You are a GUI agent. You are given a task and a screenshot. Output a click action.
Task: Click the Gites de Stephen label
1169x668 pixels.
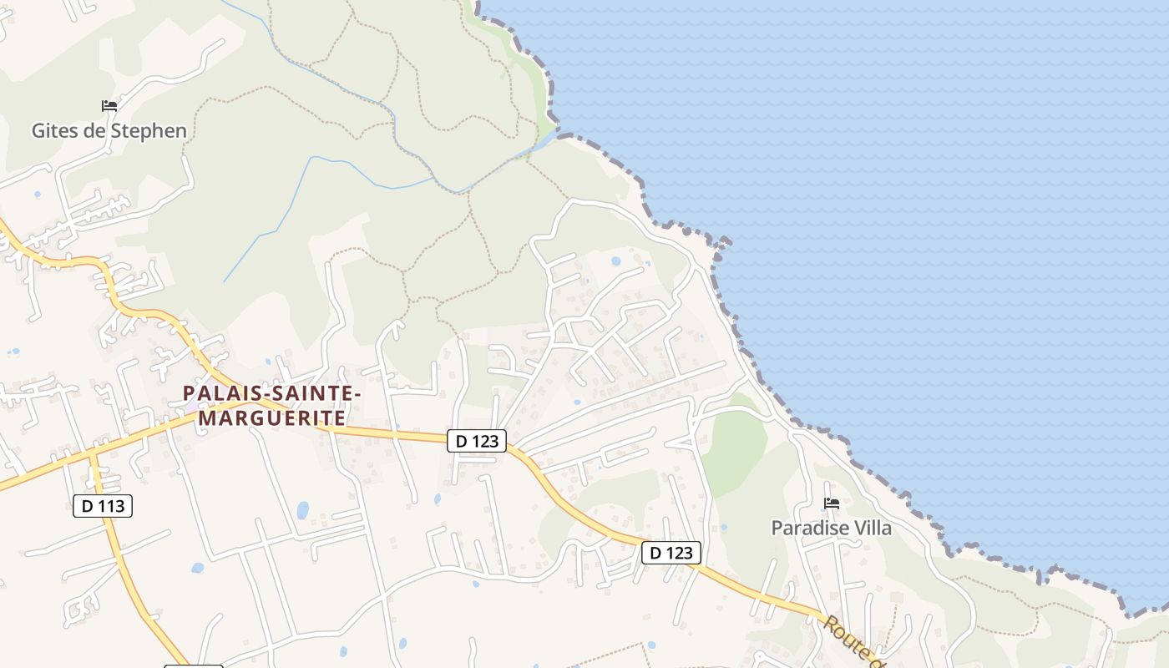tap(109, 131)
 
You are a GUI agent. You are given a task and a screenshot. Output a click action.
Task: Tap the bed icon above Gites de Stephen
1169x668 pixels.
tap(109, 106)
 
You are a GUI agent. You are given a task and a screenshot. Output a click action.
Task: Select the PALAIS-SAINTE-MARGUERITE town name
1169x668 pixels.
tap(272, 405)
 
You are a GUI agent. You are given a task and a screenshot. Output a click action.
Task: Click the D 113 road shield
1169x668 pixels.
tap(103, 505)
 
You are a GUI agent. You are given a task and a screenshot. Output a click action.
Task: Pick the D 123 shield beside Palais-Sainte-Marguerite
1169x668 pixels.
tap(477, 441)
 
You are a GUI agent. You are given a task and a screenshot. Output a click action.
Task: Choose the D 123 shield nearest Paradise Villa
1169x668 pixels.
tap(671, 553)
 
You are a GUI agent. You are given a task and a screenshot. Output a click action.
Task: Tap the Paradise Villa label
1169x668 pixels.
tap(831, 528)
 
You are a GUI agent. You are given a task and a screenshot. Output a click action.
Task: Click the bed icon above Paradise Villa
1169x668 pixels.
tap(832, 503)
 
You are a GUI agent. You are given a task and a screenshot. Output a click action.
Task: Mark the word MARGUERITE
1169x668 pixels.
tap(272, 417)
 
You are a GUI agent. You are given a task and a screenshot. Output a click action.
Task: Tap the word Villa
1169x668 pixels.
tap(873, 528)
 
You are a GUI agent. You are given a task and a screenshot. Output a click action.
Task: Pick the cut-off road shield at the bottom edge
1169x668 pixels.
tap(193, 665)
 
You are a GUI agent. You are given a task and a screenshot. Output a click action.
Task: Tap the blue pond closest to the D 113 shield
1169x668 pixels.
tap(197, 568)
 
